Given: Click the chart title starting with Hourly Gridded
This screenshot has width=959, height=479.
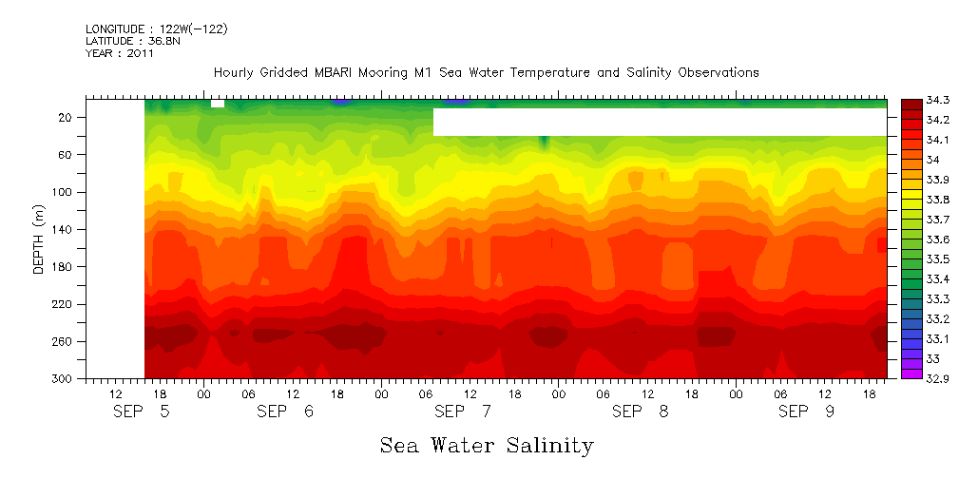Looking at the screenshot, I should coord(486,72).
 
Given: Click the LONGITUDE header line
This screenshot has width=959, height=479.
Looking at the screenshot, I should coord(157,29).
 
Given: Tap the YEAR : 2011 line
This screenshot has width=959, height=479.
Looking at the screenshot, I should coord(119,53).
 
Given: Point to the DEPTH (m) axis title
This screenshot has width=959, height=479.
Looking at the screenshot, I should coord(39,238).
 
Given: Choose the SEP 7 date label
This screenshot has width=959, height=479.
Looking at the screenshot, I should coord(463,412).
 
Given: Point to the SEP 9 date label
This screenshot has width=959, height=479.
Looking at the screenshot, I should coord(807,412).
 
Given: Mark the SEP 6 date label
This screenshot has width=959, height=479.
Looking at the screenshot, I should coord(285,412).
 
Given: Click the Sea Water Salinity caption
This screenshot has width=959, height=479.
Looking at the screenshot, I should coord(487,445).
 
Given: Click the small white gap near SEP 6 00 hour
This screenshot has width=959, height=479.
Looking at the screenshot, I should coord(218,103).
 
